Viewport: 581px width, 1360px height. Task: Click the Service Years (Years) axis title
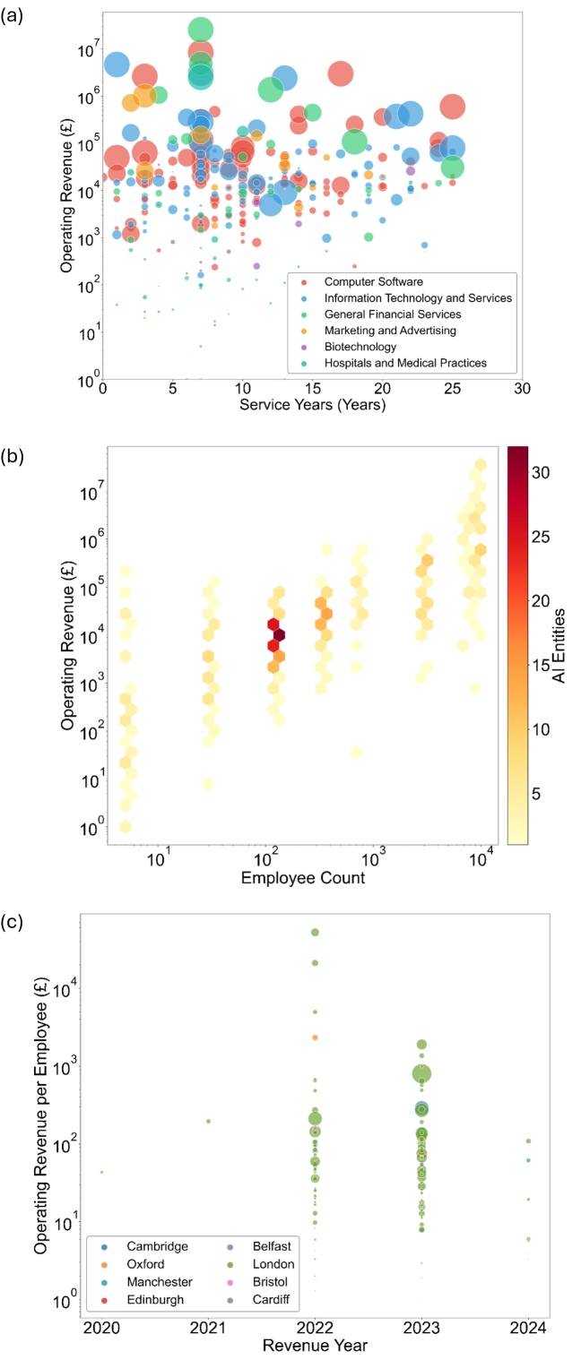point(313,405)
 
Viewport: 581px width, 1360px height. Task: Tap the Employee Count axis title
point(303,877)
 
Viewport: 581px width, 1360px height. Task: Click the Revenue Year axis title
point(314,1344)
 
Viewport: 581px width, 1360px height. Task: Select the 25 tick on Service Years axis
point(452,389)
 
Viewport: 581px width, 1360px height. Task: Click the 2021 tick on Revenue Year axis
point(208,1324)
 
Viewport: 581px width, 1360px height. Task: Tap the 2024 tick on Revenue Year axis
point(528,1324)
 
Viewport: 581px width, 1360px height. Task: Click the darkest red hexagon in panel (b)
point(279,635)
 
